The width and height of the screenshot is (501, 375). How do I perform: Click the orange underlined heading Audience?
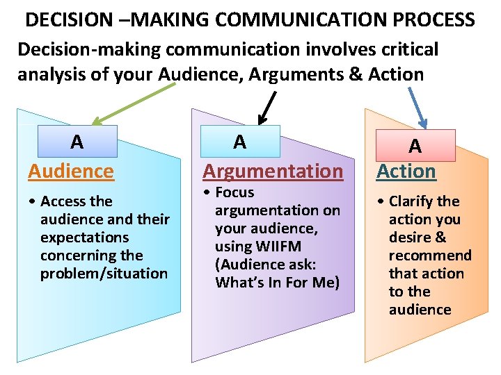(x=71, y=171)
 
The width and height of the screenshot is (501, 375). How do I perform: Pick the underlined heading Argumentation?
(x=272, y=171)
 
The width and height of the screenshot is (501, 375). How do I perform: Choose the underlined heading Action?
(x=406, y=171)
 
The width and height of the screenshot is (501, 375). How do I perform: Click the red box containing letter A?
(x=415, y=146)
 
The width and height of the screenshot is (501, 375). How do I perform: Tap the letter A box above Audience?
(x=77, y=142)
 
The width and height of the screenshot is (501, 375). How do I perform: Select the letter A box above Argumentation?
(x=240, y=142)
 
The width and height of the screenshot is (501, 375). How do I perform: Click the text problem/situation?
(x=104, y=274)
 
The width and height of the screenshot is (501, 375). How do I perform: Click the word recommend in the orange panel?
(x=430, y=256)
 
